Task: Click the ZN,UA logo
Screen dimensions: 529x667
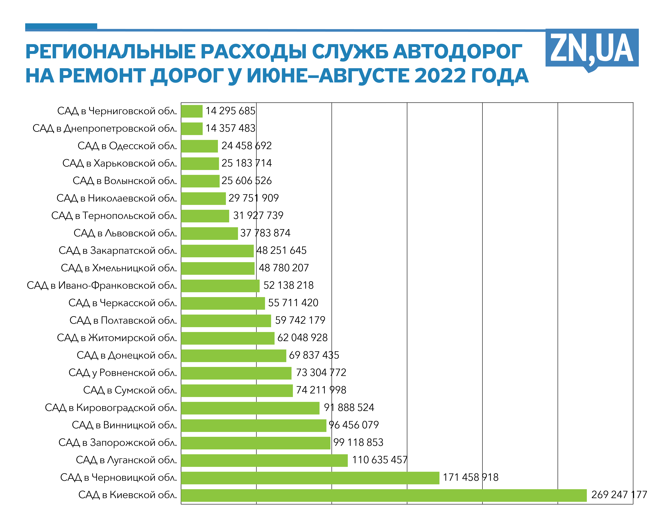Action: click(x=592, y=49)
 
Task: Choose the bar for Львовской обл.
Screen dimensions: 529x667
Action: click(x=209, y=233)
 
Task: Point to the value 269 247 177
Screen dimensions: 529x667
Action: click(x=619, y=495)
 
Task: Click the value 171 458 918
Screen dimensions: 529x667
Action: click(x=470, y=477)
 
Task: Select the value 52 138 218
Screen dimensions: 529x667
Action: click(x=288, y=285)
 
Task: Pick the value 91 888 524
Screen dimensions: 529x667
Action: click(x=349, y=407)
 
